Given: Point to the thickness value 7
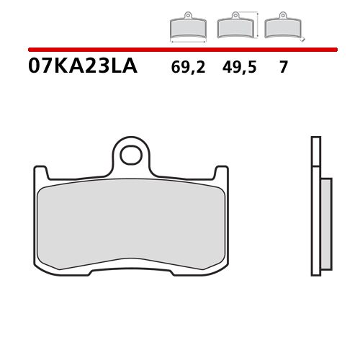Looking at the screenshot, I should click(283, 68).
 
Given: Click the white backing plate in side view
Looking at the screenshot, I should click(315, 205).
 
